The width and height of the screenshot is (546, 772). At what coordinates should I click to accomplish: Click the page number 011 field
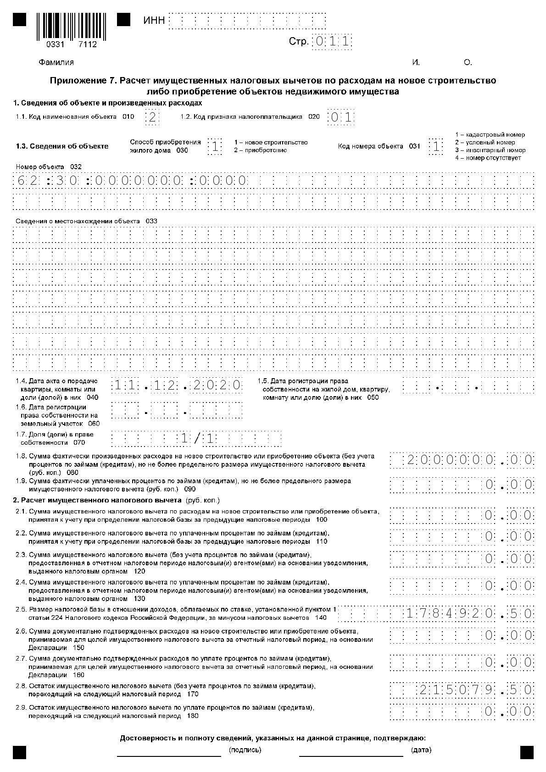pyautogui.click(x=332, y=42)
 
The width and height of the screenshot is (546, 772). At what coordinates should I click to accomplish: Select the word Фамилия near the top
pyautogui.click(x=56, y=62)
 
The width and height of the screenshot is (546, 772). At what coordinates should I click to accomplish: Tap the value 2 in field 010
pyautogui.click(x=152, y=117)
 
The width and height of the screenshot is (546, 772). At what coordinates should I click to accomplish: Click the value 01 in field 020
pyautogui.click(x=341, y=117)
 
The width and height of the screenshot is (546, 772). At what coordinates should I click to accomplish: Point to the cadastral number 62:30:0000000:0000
pyautogui.click(x=131, y=180)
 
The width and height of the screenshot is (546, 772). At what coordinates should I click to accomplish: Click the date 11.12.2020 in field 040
pyautogui.click(x=177, y=386)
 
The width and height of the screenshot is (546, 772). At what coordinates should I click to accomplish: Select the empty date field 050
pyautogui.click(x=468, y=386)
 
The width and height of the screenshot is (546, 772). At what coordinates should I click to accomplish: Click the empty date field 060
pyautogui.click(x=177, y=410)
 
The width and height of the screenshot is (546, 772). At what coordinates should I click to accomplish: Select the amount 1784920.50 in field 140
pyautogui.click(x=468, y=613)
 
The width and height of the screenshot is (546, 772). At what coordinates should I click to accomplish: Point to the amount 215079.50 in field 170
pyautogui.click(x=475, y=689)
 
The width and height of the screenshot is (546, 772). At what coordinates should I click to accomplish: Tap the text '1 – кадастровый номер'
pyautogui.click(x=490, y=135)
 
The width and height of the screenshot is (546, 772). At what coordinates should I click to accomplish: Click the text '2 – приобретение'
pyautogui.click(x=260, y=150)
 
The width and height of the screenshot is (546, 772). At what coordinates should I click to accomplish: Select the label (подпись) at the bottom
pyautogui.click(x=245, y=750)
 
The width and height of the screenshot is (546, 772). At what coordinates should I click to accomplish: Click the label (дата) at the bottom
pyautogui.click(x=421, y=750)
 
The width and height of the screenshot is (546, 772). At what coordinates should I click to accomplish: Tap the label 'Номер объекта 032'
pyautogui.click(x=49, y=167)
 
